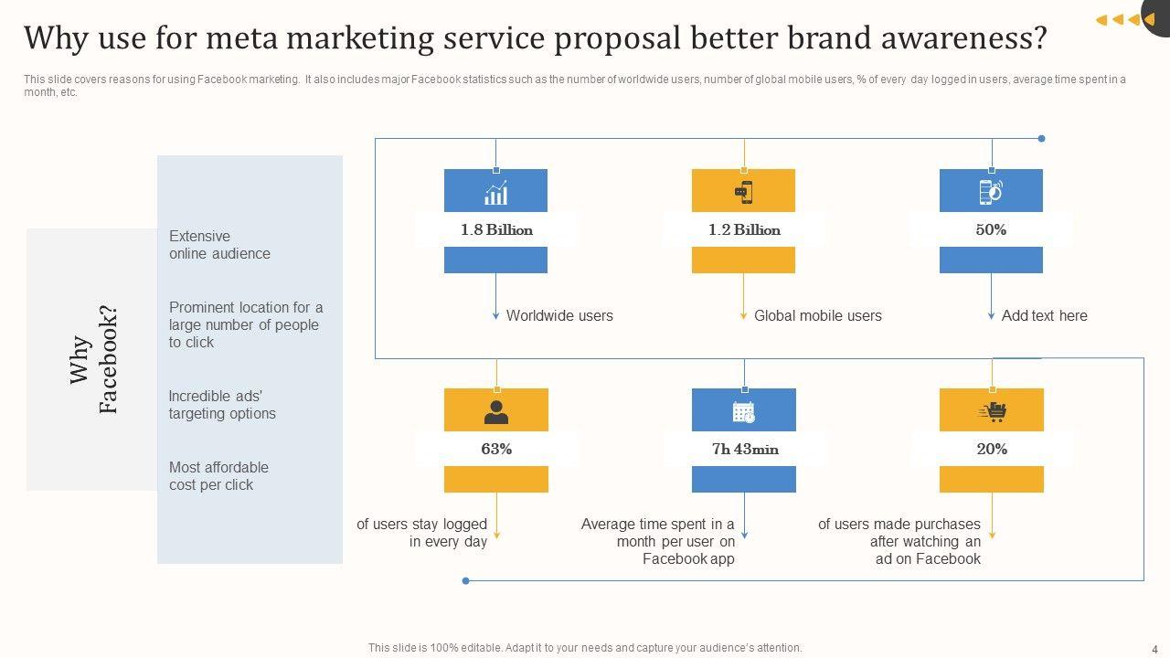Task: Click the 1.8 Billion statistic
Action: coord(496,229)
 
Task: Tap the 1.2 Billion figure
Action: coord(744,229)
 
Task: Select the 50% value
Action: coord(991,229)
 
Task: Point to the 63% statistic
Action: coord(496,449)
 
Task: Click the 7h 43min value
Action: coord(745,449)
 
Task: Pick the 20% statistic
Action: coord(992,449)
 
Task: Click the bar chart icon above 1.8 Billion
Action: coord(496,192)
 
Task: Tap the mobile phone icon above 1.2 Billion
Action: coord(744,192)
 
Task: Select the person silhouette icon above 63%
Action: coord(496,412)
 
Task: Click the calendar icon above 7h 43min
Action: coord(744,412)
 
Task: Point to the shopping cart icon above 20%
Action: coord(992,412)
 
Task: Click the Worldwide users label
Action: coord(559,315)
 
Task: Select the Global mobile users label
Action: coord(817,315)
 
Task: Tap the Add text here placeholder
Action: coord(1044,315)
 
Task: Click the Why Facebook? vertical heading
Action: coord(93,360)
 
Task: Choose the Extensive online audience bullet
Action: coord(219,245)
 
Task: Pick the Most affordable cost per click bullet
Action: coord(218,476)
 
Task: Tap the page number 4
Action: coord(1154,648)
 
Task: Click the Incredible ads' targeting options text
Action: coord(222,405)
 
